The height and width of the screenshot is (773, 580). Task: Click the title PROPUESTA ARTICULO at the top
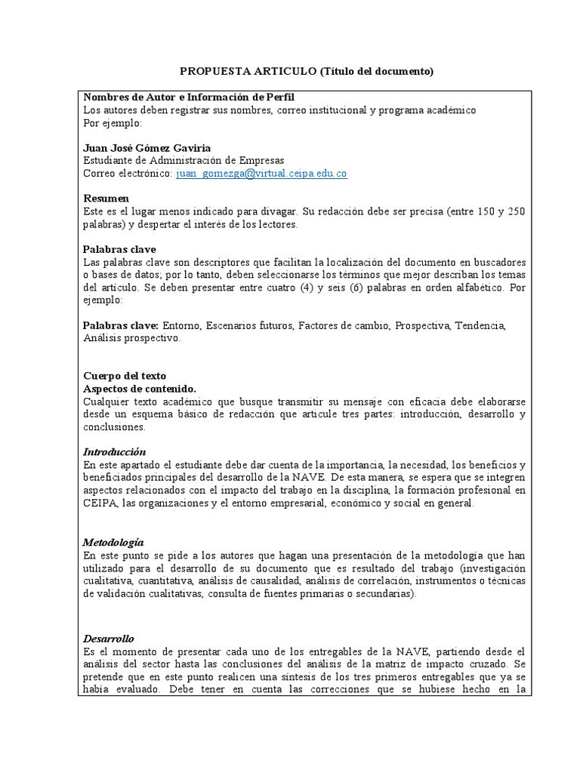[248, 72]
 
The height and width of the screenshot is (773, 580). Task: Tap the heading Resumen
[106, 198]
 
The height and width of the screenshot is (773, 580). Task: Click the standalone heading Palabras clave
[119, 248]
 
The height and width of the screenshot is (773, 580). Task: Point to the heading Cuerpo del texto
[125, 375]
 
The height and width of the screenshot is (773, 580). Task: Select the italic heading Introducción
[114, 451]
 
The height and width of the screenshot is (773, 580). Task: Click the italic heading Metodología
[113, 542]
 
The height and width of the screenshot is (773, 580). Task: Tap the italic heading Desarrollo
[109, 638]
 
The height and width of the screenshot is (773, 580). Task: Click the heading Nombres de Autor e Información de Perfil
[189, 97]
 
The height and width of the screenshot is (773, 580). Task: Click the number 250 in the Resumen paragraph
[516, 211]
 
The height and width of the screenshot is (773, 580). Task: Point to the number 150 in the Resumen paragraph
[476, 211]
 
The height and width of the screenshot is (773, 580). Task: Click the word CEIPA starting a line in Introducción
[100, 504]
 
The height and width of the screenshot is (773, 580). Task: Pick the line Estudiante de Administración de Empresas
[184, 160]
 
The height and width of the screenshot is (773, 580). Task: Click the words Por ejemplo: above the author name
[112, 123]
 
